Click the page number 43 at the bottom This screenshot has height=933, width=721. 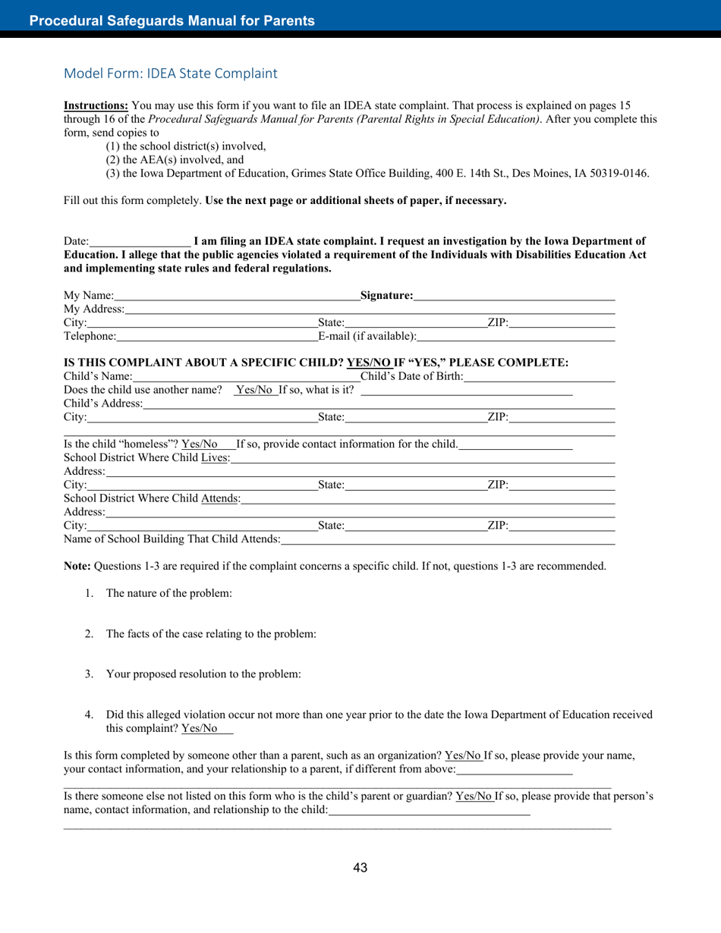tap(360, 868)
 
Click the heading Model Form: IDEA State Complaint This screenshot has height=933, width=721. tap(171, 74)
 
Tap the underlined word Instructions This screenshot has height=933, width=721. tap(96, 105)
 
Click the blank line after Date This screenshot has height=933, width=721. tap(140, 242)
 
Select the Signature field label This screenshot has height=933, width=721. tap(386, 295)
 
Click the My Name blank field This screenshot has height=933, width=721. tap(237, 296)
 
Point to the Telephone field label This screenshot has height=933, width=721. tap(90, 336)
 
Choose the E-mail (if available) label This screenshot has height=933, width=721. tap(367, 336)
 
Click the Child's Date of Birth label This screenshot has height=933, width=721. tap(411, 376)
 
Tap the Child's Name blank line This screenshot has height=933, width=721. tap(246, 377)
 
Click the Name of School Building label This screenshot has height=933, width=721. tap(172, 539)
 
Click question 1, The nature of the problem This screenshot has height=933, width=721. tap(168, 593)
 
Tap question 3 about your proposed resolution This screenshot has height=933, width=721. tap(203, 674)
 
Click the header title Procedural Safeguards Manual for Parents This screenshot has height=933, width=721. tap(172, 21)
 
